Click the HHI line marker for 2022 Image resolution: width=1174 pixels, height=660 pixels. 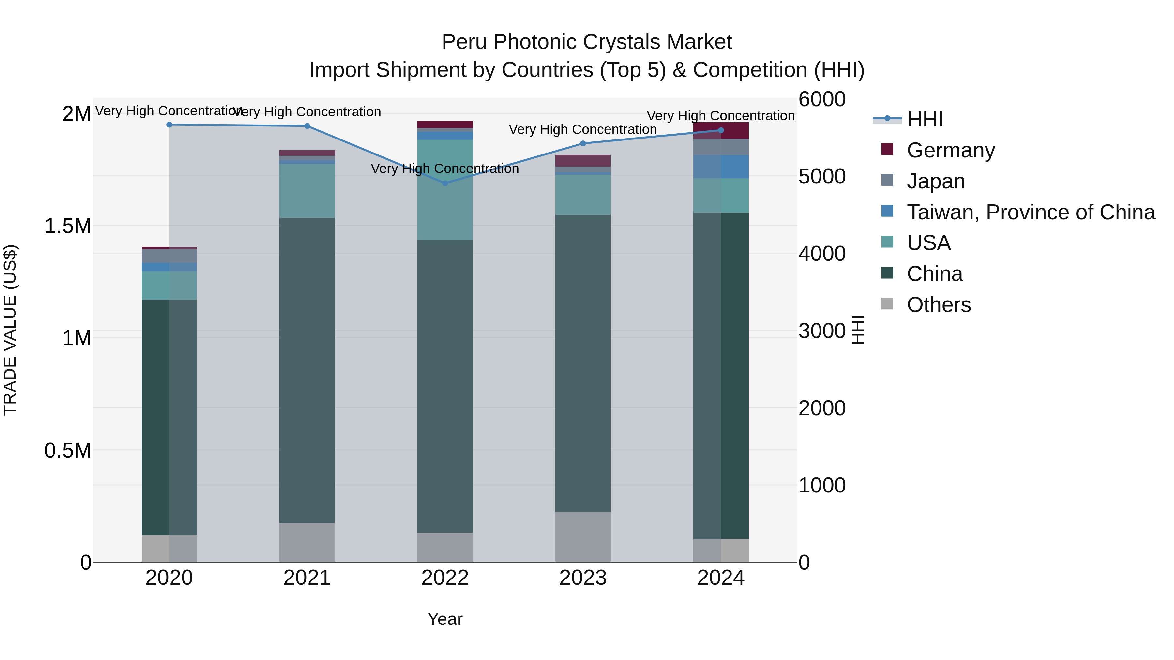445,183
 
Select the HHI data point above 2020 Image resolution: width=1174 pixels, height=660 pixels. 169,125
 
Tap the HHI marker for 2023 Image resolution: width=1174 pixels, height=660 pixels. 583,143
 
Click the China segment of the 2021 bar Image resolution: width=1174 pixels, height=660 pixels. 307,370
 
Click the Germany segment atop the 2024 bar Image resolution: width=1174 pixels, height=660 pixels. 721,131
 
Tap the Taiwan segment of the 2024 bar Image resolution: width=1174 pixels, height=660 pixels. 721,167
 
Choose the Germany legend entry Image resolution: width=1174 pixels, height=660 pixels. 951,150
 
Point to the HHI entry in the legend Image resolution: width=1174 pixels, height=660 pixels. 925,119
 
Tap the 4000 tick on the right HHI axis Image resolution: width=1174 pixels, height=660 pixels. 822,253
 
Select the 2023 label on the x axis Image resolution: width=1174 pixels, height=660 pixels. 583,578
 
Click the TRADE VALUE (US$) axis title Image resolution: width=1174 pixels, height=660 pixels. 10,330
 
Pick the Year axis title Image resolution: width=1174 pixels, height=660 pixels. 445,619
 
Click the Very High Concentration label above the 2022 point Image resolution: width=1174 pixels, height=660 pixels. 445,169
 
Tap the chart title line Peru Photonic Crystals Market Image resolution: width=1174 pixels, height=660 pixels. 587,42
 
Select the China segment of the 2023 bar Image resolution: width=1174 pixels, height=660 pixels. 583,363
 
